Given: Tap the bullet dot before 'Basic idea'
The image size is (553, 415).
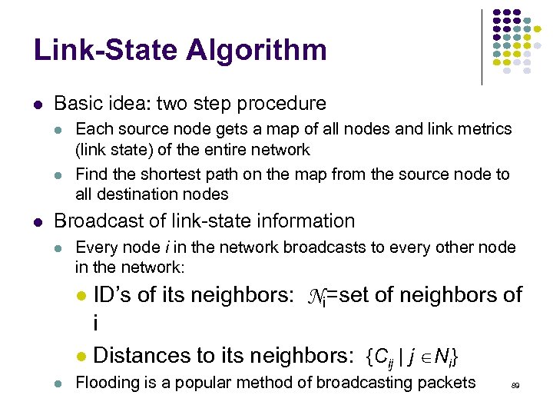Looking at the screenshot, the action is click(38, 104).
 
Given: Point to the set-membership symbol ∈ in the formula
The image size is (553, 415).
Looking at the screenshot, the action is click(422, 357).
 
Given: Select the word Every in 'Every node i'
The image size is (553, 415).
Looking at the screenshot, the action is click(94, 247).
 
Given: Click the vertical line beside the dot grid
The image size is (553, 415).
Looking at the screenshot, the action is click(482, 46).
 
